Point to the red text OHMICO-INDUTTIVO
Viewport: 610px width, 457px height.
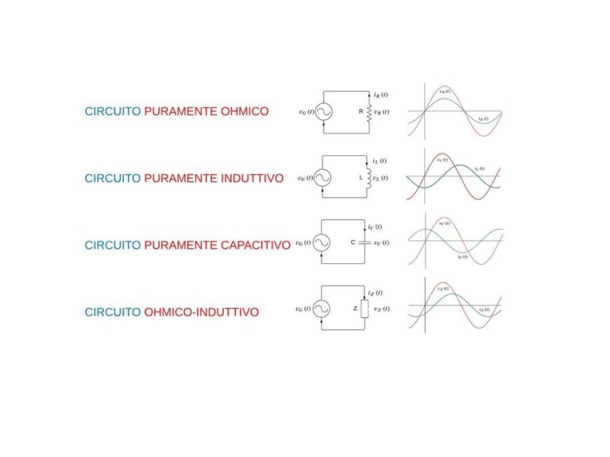(x=201, y=312)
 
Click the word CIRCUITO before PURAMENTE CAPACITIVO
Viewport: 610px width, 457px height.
(x=113, y=246)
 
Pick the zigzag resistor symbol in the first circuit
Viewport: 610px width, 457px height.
(x=369, y=112)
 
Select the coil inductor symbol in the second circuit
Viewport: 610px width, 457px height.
(x=369, y=177)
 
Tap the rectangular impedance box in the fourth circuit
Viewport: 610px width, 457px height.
(x=365, y=308)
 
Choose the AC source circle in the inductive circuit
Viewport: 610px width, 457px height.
(x=322, y=178)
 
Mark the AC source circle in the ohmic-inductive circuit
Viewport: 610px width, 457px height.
(x=322, y=308)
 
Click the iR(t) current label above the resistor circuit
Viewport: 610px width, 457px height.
(x=380, y=95)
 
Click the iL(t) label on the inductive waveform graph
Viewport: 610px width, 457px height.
(x=479, y=168)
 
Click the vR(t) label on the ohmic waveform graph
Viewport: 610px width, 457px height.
(x=444, y=91)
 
